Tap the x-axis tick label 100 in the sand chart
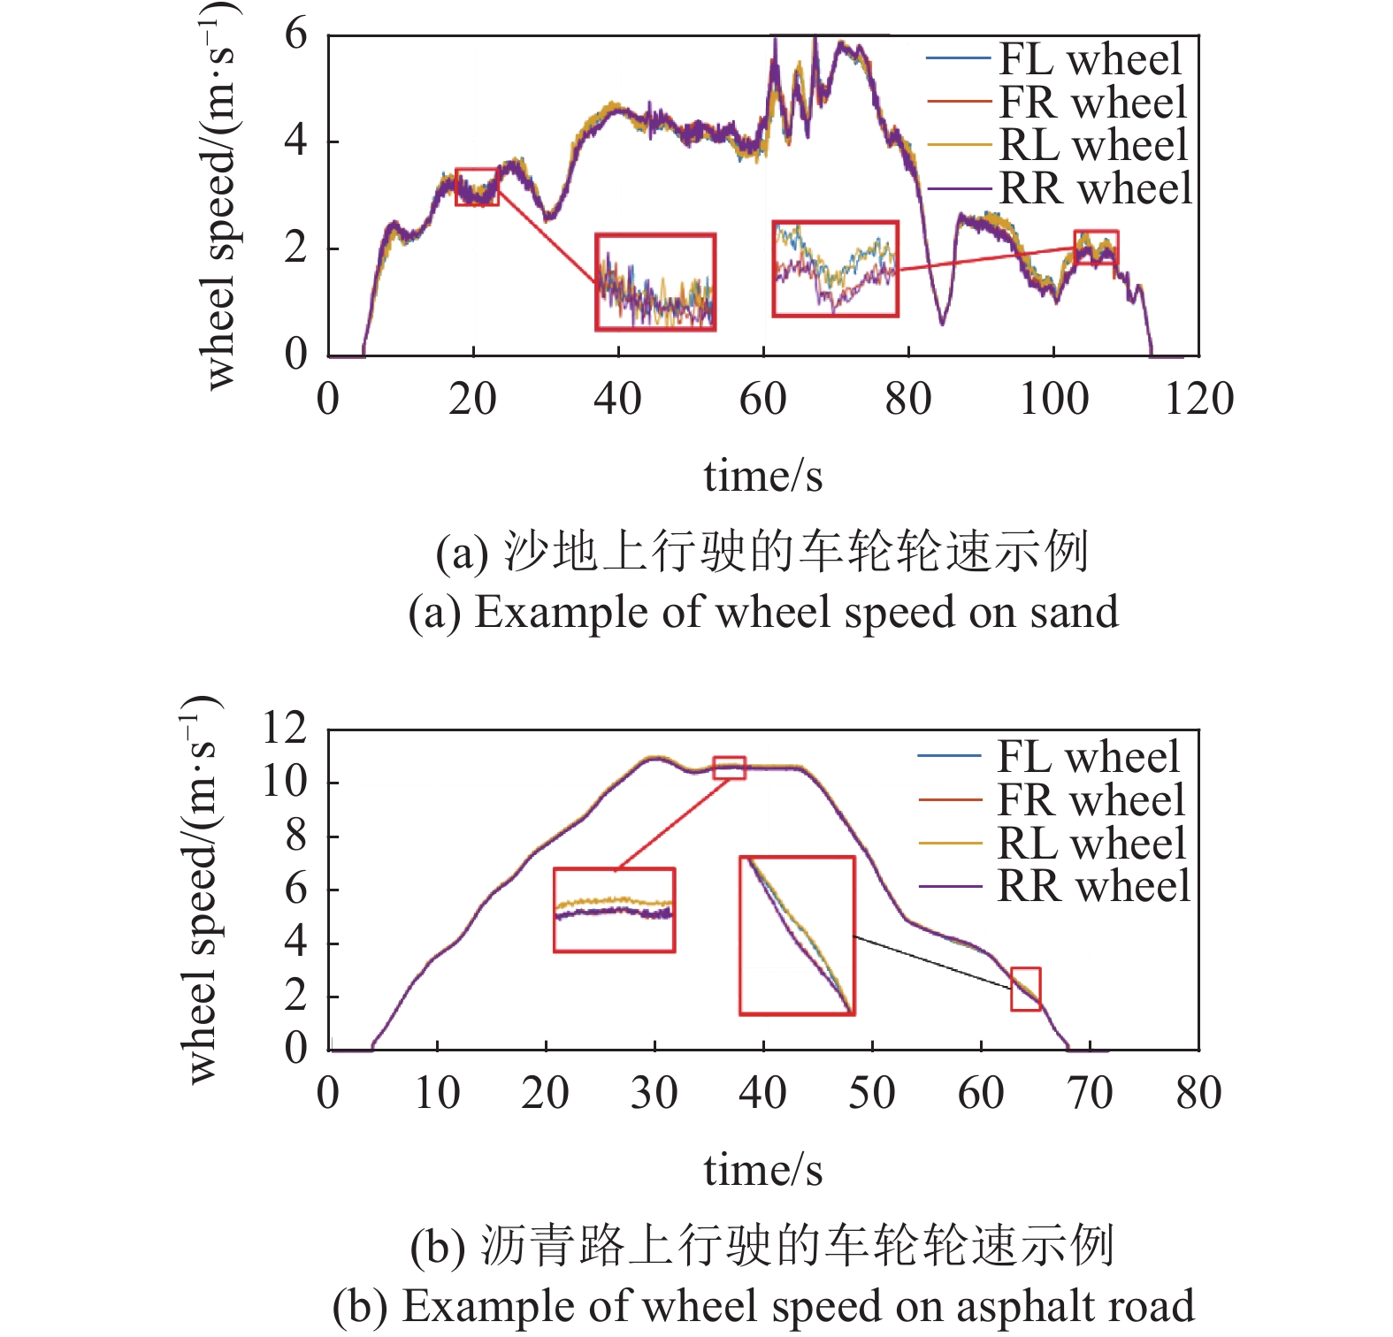[1053, 399]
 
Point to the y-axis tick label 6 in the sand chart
[296, 35]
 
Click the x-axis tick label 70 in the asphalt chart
[1090, 1093]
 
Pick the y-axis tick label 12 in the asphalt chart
[285, 729]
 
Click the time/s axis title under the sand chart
[762, 476]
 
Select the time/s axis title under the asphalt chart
[762, 1170]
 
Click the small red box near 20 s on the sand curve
[477, 187]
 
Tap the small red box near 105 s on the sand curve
[1096, 248]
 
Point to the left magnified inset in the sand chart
[655, 282]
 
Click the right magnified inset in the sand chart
[835, 269]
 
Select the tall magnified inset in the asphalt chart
[797, 935]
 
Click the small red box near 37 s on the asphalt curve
[729, 768]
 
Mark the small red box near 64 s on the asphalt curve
[1025, 989]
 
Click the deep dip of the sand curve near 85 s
[942, 320]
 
